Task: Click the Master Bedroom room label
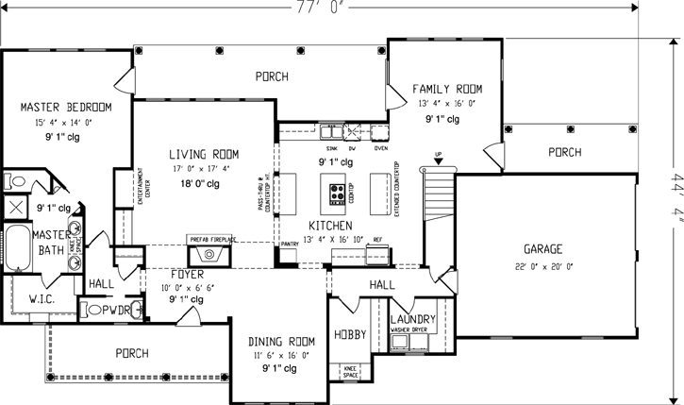(x=66, y=106)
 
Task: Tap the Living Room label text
(x=204, y=154)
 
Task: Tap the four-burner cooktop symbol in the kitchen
(x=337, y=194)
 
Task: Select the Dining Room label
(x=281, y=341)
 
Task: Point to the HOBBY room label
(x=350, y=335)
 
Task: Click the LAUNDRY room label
(x=412, y=320)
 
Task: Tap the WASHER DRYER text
(x=412, y=331)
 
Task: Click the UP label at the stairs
(x=437, y=154)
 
